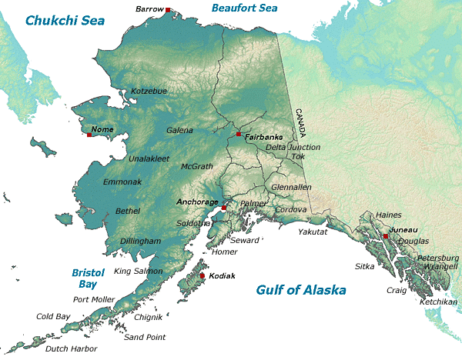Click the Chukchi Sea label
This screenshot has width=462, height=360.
[x=65, y=21]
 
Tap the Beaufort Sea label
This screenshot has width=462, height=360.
[x=244, y=8]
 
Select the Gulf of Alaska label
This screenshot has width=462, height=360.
[x=301, y=290]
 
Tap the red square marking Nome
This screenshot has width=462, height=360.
[x=89, y=135]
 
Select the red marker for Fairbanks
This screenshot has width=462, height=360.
[x=239, y=134]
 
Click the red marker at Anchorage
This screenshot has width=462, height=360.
[x=223, y=208]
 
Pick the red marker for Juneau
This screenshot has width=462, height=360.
[x=385, y=235]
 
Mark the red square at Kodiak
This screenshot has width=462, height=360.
[x=203, y=275]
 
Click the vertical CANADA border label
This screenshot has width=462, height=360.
[x=300, y=123]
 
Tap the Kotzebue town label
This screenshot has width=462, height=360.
[x=149, y=91]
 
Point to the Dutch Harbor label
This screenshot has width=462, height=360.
[x=71, y=348]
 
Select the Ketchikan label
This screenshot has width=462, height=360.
[x=438, y=302]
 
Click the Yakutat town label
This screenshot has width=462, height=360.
[x=313, y=232]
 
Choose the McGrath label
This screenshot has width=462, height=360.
[x=196, y=166]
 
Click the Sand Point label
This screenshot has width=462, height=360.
[x=145, y=337]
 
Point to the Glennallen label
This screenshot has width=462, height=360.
[x=291, y=187]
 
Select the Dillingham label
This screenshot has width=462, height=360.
[x=140, y=241]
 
